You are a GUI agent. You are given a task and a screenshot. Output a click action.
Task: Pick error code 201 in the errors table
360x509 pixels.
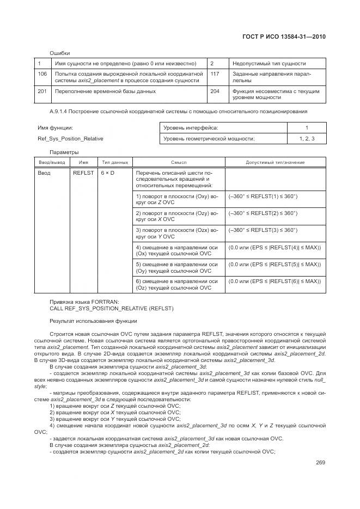[x=42, y=91]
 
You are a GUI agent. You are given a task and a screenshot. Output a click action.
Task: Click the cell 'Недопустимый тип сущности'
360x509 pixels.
[x=269, y=63]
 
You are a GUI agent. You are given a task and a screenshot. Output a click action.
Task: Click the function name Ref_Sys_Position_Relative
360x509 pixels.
[x=70, y=138]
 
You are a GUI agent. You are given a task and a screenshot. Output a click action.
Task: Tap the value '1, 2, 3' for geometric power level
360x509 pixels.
[x=307, y=139]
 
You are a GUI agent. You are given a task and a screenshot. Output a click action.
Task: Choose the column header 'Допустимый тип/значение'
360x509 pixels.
[x=275, y=162]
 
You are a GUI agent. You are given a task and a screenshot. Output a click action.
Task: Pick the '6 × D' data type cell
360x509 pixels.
[x=107, y=173]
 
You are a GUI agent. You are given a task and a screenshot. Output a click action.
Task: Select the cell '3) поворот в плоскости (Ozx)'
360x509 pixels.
[x=176, y=233]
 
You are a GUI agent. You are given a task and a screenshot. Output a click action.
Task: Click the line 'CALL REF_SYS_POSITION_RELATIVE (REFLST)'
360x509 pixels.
[x=112, y=309]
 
